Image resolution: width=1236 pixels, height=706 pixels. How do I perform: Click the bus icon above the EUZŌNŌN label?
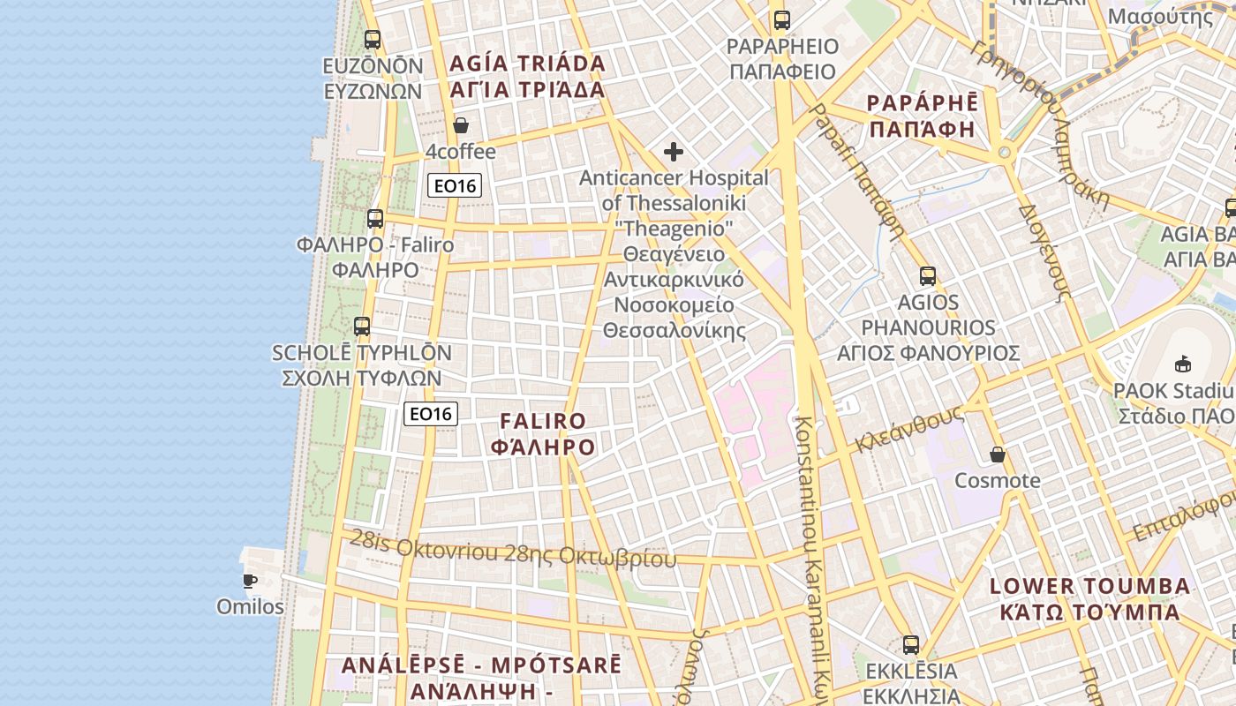point(373,40)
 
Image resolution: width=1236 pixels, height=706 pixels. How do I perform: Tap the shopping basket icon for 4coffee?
point(461,125)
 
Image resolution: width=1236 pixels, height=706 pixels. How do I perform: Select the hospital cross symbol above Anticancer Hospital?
point(674,152)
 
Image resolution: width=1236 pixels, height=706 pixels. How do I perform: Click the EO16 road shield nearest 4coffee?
point(456,185)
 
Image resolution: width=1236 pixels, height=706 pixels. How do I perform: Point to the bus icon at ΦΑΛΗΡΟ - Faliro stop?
point(375,219)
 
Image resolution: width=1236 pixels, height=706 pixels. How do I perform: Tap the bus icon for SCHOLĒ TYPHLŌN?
point(362,327)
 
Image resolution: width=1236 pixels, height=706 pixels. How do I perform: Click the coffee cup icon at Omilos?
point(250,581)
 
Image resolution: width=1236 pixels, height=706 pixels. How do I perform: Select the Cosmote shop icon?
point(998,455)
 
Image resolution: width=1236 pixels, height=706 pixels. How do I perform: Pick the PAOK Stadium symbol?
point(1183,363)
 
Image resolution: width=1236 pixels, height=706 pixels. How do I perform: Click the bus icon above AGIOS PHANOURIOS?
point(927,276)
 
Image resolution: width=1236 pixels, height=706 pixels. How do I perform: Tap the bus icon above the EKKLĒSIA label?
point(911,645)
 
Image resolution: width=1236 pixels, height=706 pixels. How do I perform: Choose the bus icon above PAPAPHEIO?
point(781,20)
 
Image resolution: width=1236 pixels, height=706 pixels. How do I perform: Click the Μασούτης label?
point(1160,16)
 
